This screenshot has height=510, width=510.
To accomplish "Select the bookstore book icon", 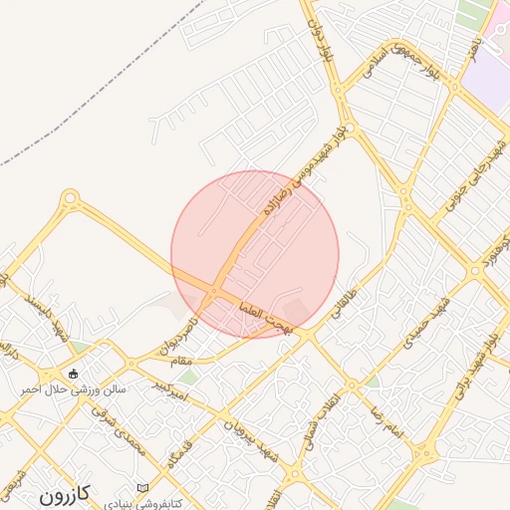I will click(x=145, y=486).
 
